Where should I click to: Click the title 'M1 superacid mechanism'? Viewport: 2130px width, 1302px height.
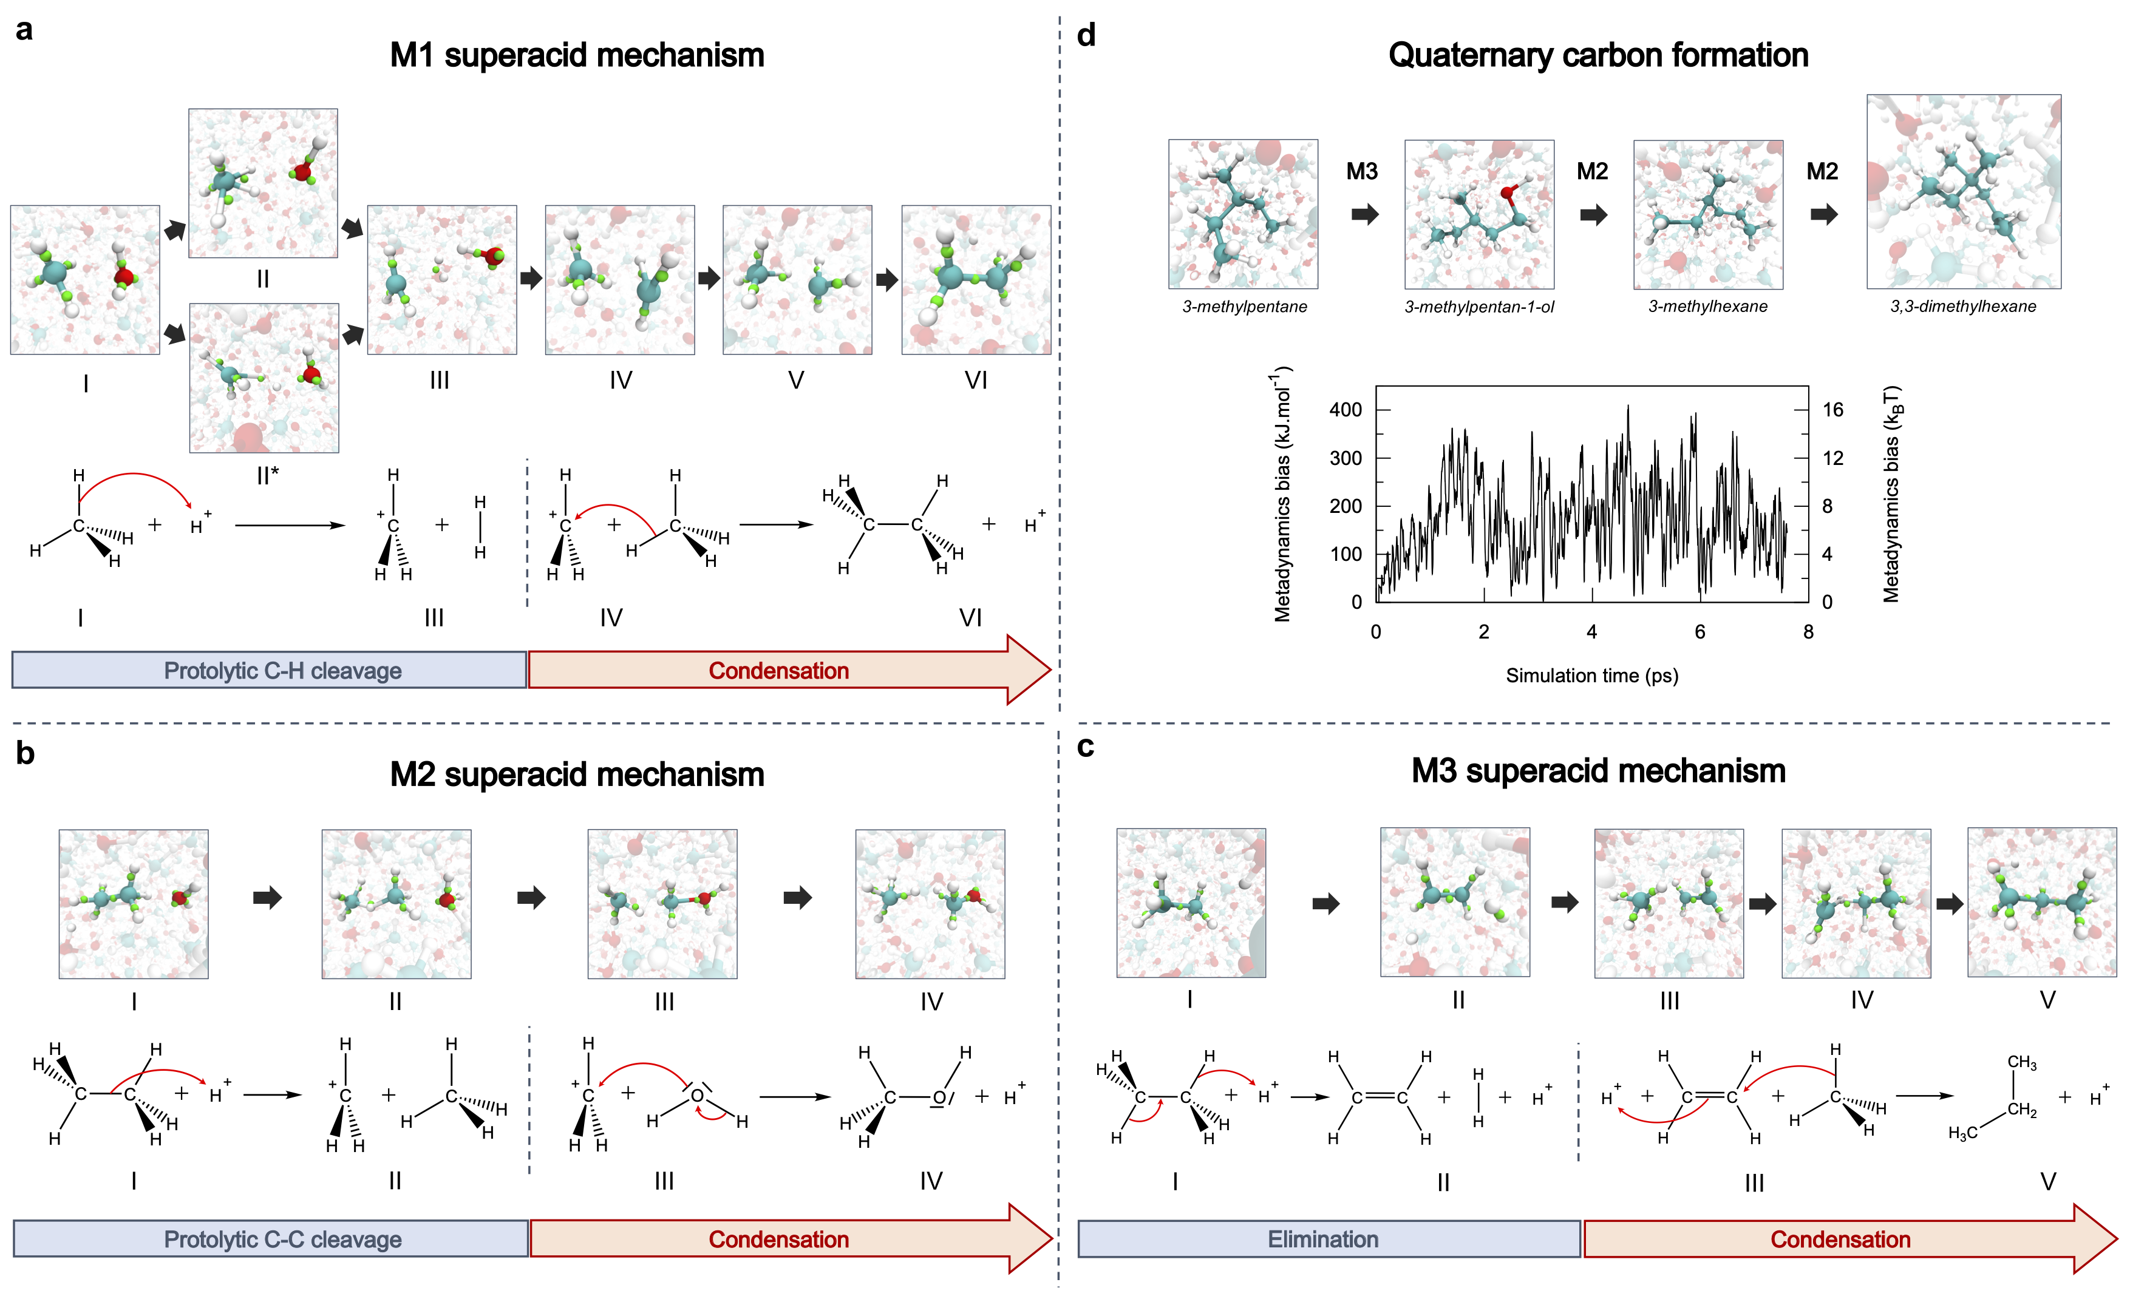coord(577,55)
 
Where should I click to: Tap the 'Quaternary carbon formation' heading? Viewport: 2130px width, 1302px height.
coord(1597,55)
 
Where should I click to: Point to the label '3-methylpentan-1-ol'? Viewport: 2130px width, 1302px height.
coord(1479,307)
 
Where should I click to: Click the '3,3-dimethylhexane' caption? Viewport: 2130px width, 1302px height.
coord(1963,307)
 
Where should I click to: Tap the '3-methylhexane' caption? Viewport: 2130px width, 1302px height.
coord(1707,307)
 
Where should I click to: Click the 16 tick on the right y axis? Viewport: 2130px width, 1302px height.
coord(1832,410)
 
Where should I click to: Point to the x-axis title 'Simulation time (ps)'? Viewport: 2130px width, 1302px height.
coord(1591,676)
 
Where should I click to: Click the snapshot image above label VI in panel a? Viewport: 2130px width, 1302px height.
coord(976,280)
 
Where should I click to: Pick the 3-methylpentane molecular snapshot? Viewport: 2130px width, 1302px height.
coord(1243,214)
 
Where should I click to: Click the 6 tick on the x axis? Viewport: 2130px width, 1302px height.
coord(1700,631)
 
